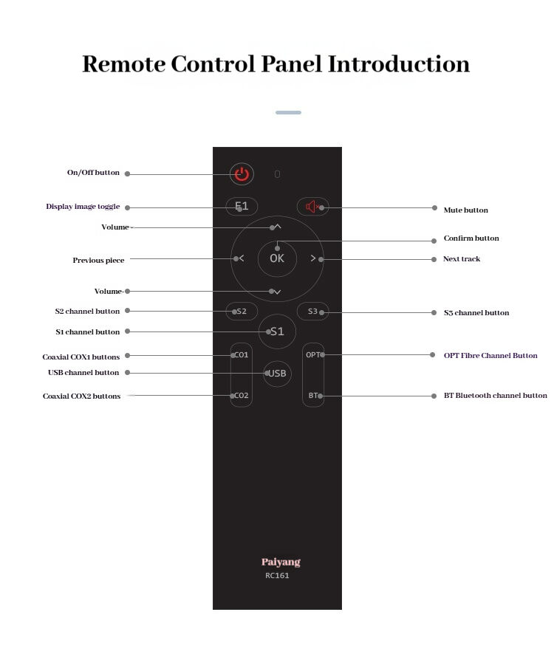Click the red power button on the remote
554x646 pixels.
242,174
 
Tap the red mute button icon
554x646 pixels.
312,207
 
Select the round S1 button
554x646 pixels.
277,331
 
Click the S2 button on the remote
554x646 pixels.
242,312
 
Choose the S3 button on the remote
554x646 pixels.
312,312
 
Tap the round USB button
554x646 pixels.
277,374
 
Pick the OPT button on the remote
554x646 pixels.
313,355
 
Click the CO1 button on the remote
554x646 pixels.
241,355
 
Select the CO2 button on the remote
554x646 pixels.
241,396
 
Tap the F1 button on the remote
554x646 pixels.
242,206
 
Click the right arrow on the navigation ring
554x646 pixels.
313,258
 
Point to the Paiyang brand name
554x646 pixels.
281,562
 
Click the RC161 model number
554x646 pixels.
277,576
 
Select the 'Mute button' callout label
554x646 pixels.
465,210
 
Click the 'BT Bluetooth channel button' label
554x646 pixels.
495,396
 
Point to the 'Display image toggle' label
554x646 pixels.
83,207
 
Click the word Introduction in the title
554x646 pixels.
399,64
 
